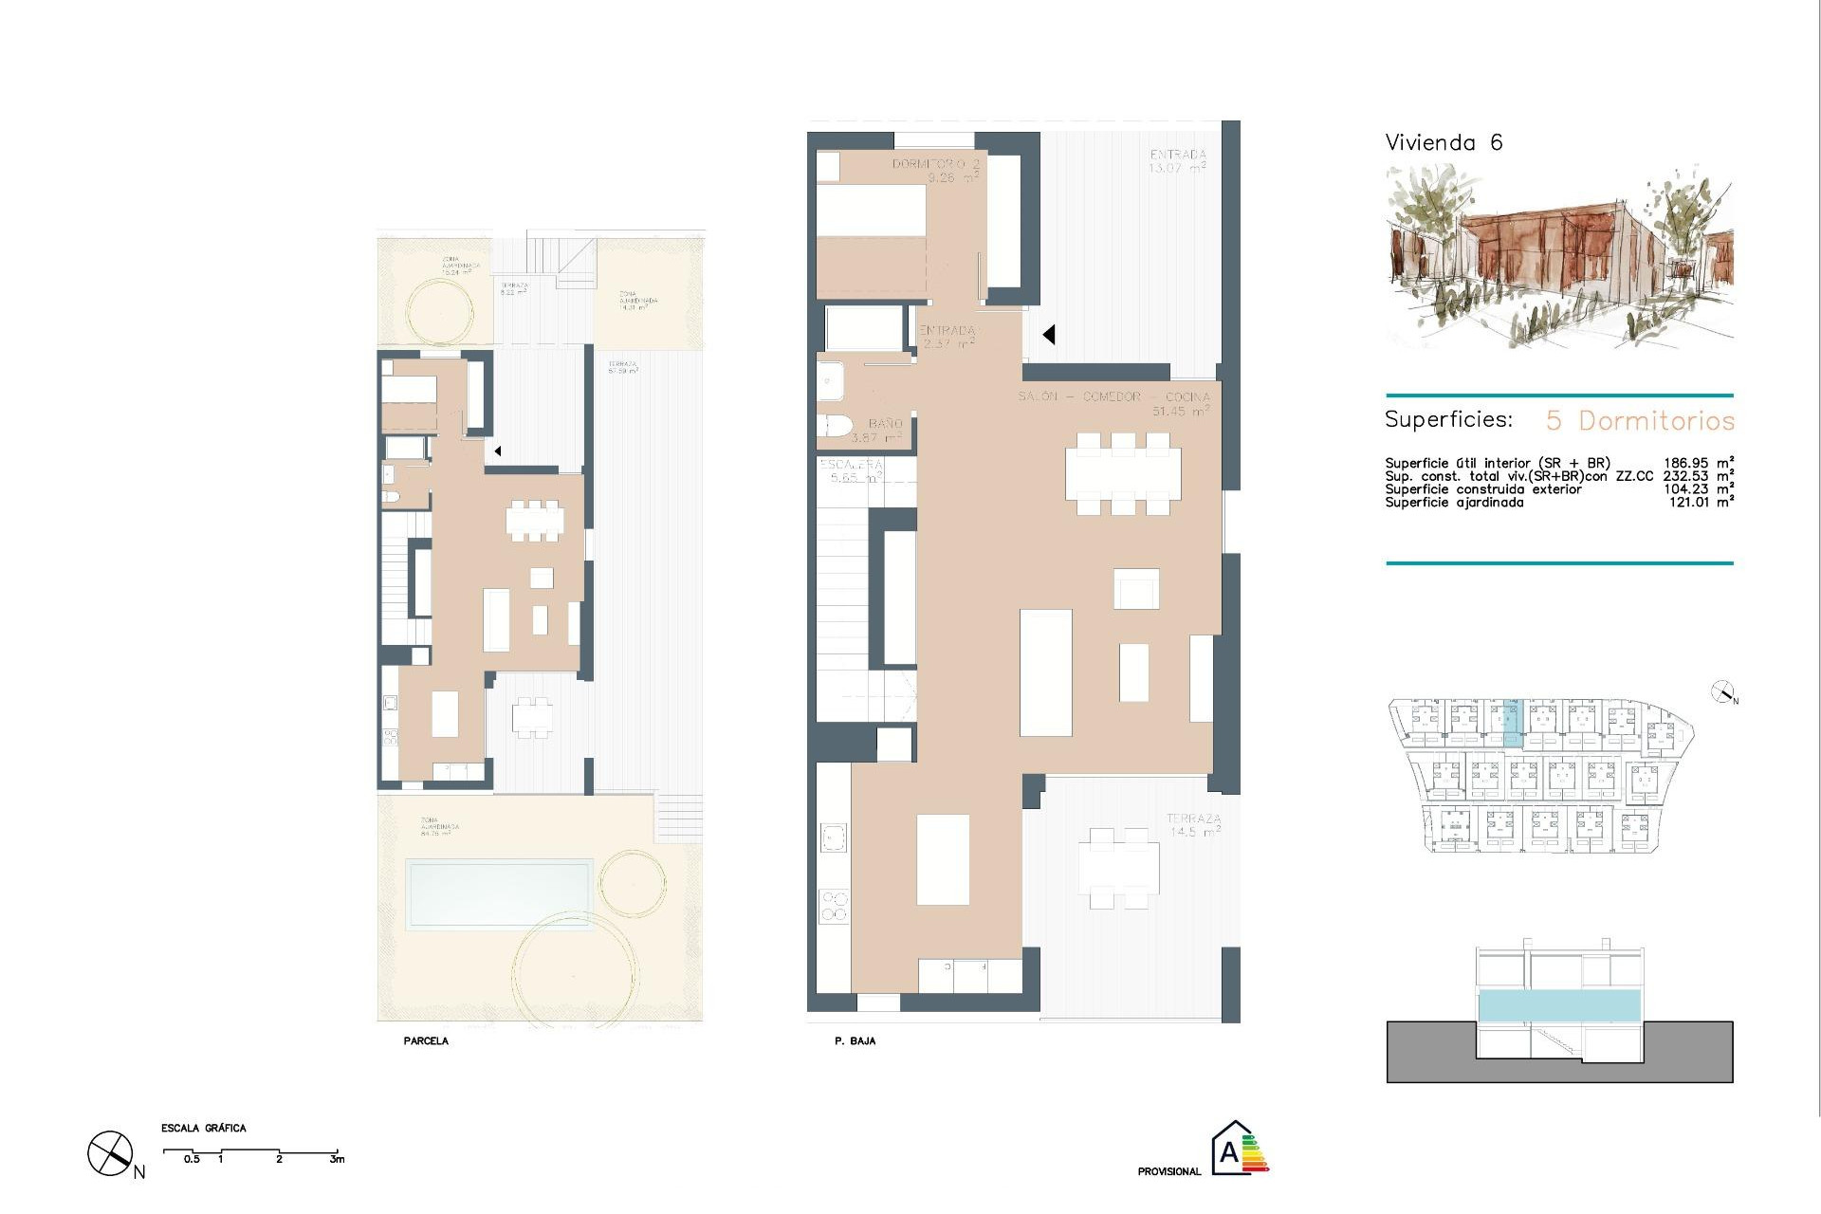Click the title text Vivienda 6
[x=1444, y=143]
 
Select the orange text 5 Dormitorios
[x=1640, y=420]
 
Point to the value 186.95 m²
[x=1698, y=463]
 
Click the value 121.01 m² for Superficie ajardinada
[x=1701, y=503]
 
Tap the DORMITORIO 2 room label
[x=935, y=170]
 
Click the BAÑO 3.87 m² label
[x=879, y=431]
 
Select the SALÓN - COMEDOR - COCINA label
[x=1114, y=396]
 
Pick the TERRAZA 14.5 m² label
[x=1193, y=824]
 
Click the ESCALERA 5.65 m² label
[x=852, y=470]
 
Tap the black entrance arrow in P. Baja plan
[x=1049, y=334]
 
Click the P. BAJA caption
[x=855, y=1041]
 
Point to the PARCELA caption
[x=426, y=1041]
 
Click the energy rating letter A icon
[x=1230, y=1150]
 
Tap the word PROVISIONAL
[x=1168, y=1172]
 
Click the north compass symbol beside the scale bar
[x=110, y=1154]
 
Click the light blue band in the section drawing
[x=1559, y=1005]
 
